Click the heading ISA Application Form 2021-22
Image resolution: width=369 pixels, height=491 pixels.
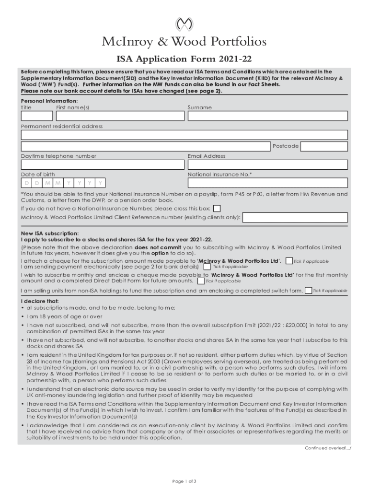click(x=184, y=59)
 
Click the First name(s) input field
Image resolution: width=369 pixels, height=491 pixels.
click(x=120, y=116)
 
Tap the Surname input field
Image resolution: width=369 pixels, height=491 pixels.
click(x=267, y=116)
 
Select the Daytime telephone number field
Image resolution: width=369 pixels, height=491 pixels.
click(x=102, y=164)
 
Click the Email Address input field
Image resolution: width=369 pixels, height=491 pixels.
click(x=267, y=164)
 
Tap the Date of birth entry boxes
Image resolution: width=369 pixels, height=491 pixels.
click(x=63, y=183)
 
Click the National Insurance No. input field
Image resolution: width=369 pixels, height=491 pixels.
click(x=267, y=183)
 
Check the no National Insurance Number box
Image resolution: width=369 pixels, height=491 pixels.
click(x=217, y=209)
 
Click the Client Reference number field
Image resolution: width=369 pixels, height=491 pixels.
click(x=295, y=218)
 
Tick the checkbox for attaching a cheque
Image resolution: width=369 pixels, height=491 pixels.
click(x=289, y=261)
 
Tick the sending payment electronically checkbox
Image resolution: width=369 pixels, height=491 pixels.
click(x=207, y=267)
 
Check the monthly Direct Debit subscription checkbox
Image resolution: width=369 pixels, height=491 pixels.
click(x=200, y=281)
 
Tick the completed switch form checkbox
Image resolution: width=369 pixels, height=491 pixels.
click(x=308, y=291)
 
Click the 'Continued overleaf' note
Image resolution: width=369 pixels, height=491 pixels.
click(x=324, y=448)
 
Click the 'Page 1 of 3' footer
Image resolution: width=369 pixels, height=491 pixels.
click(x=184, y=481)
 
